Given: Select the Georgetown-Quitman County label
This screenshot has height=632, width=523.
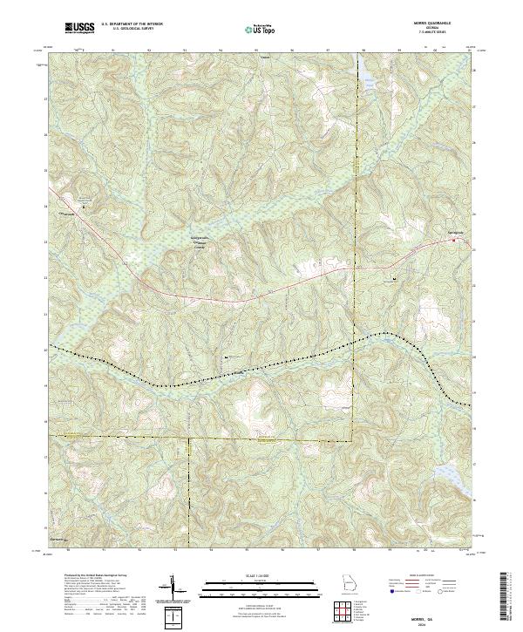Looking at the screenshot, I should click(203, 246).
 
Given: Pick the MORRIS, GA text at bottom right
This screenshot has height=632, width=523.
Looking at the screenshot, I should click(447, 617).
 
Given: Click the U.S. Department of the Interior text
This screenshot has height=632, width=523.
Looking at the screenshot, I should click(132, 24).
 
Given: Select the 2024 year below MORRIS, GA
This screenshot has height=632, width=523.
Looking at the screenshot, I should click(447, 624).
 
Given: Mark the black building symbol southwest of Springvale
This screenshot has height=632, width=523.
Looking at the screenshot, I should click(395, 280).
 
